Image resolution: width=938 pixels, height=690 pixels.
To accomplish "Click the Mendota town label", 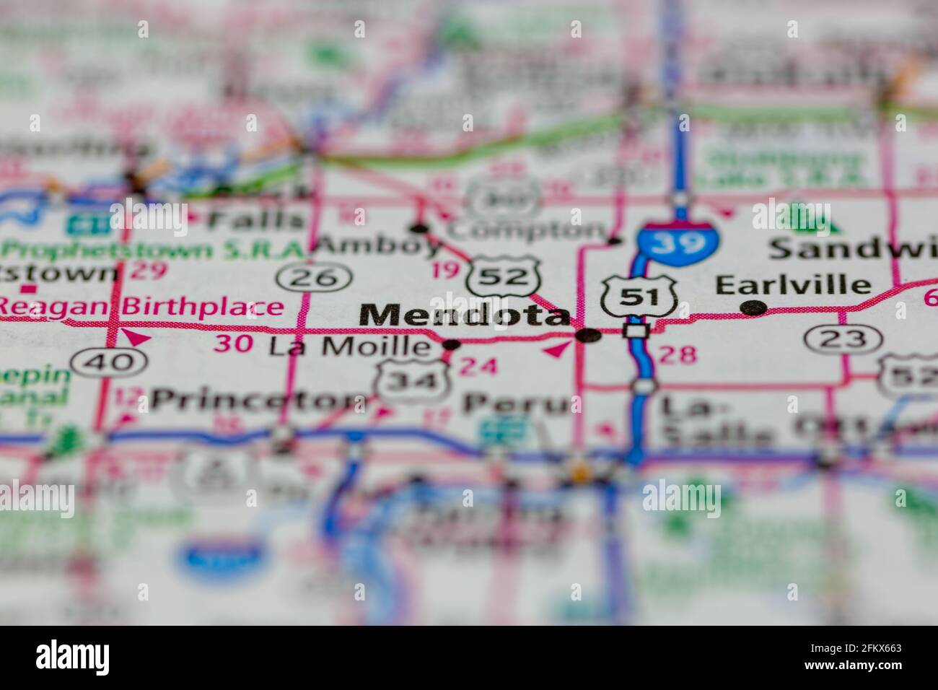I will coord(463,315).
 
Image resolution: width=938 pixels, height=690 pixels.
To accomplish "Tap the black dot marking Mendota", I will coord(589,335).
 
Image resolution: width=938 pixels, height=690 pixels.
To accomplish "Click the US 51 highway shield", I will coord(638,295).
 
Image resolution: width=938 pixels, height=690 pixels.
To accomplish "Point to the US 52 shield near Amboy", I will coord(504,276).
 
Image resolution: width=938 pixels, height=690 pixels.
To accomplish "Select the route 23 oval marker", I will coord(843,338).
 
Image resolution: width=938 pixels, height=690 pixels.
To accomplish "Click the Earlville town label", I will coord(793,284).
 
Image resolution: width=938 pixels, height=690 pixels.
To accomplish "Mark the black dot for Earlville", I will coord(753,307).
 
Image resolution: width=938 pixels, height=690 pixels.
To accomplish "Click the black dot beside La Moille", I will coord(451,345).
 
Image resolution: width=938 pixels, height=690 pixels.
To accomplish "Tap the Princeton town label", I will coord(260,399).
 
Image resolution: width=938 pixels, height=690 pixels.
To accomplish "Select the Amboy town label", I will coord(378,246).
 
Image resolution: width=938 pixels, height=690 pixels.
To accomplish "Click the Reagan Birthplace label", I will coord(141,307).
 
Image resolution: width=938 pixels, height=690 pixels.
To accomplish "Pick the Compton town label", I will coord(526,231).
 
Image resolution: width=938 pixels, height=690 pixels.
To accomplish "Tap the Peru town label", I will coord(516,403).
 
